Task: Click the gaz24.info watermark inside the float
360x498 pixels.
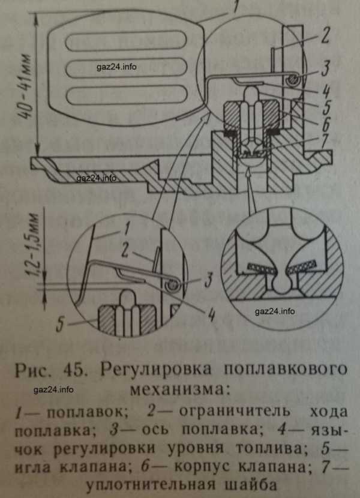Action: (x=115, y=67)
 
